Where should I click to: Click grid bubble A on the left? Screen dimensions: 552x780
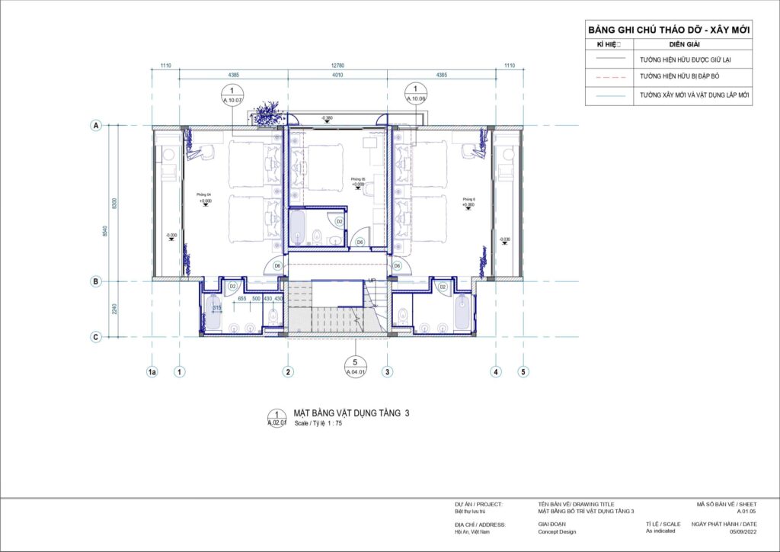click(97, 126)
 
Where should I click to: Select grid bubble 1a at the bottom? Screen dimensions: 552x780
click(152, 372)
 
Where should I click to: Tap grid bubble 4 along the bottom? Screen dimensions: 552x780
click(497, 372)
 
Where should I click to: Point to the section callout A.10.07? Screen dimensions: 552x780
click(232, 95)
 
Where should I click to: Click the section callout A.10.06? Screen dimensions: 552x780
click(416, 95)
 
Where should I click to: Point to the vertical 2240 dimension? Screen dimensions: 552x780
click(114, 309)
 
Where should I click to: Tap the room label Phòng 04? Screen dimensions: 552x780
click(203, 195)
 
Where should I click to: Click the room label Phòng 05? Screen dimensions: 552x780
click(358, 179)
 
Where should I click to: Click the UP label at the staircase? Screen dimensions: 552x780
click(372, 281)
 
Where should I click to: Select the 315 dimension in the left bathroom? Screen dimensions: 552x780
click(217, 307)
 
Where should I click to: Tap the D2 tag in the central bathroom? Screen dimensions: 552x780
click(340, 221)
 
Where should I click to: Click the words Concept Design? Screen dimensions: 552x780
click(558, 532)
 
